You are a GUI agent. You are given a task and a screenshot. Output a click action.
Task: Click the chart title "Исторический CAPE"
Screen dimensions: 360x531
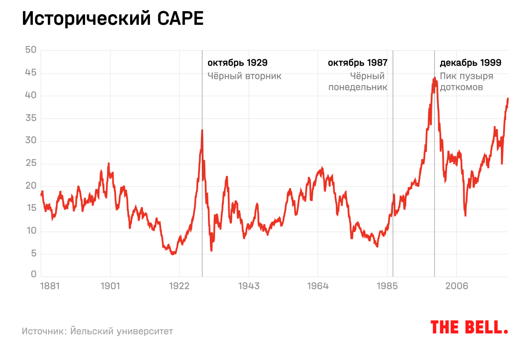[113, 19]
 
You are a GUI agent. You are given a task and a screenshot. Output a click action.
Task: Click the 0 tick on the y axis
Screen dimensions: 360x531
[33, 275]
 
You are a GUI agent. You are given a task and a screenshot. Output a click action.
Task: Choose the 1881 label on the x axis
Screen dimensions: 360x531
[50, 286]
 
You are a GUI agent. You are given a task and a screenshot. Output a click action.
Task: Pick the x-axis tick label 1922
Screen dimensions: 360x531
[179, 286]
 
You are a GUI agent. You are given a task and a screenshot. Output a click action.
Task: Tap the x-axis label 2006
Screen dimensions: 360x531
[457, 286]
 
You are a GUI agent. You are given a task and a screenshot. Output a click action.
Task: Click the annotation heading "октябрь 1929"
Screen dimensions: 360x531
[238, 63]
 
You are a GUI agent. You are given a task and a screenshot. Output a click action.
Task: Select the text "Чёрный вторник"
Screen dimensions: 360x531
[245, 76]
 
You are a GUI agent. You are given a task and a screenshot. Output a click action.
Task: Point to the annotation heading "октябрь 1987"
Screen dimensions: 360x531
[358, 63]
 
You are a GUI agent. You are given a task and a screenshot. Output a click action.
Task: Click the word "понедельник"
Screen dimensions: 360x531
[358, 87]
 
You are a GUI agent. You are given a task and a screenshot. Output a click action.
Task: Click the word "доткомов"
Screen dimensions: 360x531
[462, 87]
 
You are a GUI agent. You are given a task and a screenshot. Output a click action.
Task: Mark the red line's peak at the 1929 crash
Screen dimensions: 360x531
[202, 130]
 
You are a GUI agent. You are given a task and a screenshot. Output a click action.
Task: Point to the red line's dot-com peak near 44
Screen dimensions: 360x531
[435, 78]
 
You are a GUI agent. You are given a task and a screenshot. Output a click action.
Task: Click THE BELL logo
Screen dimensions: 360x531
[469, 327]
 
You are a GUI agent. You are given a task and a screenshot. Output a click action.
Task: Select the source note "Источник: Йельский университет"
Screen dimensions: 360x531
[97, 331]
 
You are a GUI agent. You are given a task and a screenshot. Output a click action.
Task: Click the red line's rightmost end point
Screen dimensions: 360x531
[508, 98]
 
